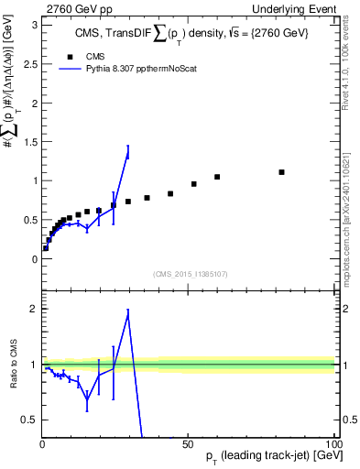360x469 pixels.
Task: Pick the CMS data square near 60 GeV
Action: pyautogui.click(x=217, y=177)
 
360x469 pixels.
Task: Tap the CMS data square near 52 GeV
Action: pyautogui.click(x=194, y=184)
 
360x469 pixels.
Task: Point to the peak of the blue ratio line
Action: pyautogui.click(x=128, y=312)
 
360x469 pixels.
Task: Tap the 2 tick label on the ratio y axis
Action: pyautogui.click(x=33, y=310)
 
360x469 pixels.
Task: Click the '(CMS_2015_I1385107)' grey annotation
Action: pyautogui.click(x=189, y=274)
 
